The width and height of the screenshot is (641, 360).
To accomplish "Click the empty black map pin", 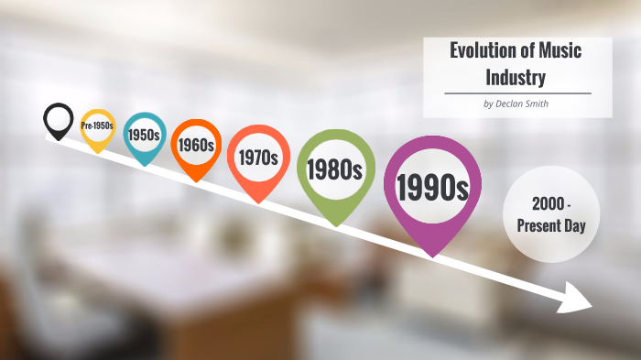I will [58, 119].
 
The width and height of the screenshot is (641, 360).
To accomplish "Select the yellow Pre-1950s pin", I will [98, 126].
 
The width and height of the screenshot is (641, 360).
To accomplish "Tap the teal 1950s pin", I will [145, 135].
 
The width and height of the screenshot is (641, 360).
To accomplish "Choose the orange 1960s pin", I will [196, 145].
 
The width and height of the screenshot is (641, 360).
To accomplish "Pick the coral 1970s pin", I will [258, 158].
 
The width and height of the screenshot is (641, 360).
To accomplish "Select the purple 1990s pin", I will [431, 188].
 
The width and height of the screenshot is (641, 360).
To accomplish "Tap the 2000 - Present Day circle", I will [551, 213].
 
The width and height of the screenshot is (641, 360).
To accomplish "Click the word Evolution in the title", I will [482, 49].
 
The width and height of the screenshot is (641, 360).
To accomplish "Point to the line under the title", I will [517, 93].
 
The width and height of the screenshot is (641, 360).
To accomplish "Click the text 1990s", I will [431, 187].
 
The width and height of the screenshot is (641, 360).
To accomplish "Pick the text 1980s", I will [335, 169].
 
